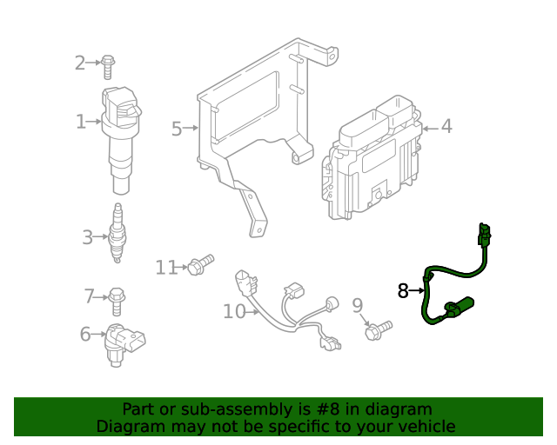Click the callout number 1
point(81,123)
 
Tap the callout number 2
point(80,63)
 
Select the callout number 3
point(88,236)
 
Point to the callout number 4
point(446,127)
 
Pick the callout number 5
point(177,130)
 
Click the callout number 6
point(85,334)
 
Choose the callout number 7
point(89,297)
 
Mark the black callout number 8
point(403,291)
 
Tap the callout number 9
point(357,305)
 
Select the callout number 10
point(234,311)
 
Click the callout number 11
point(166,268)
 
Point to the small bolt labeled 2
point(108,63)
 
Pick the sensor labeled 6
point(123,343)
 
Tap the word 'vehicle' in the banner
point(425,427)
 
